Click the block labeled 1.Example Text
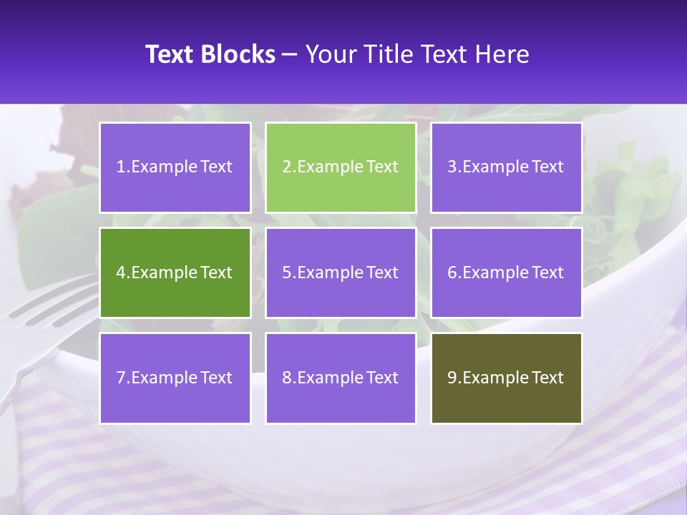pyautogui.click(x=175, y=167)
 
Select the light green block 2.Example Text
pyautogui.click(x=341, y=167)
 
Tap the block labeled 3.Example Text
pyautogui.click(x=506, y=167)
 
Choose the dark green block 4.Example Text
pyautogui.click(x=175, y=273)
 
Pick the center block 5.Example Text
pyautogui.click(x=341, y=273)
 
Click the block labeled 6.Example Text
pyautogui.click(x=506, y=273)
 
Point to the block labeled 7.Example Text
pyautogui.click(x=175, y=378)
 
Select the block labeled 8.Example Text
pyautogui.click(x=341, y=378)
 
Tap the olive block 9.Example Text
pyautogui.click(x=506, y=378)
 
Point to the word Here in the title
pyautogui.click(x=505, y=54)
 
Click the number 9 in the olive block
pyautogui.click(x=452, y=378)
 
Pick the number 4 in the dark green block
pyautogui.click(x=121, y=273)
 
